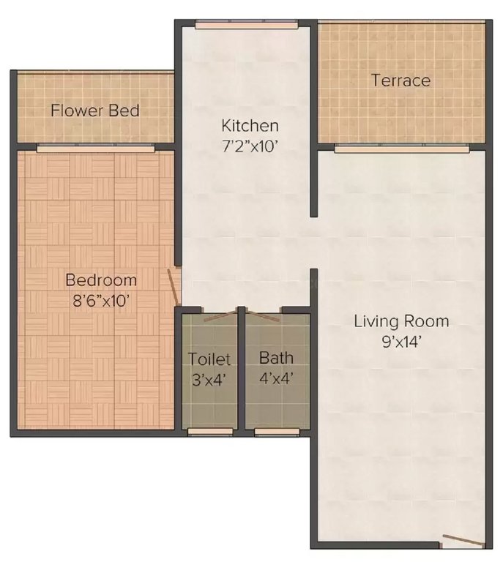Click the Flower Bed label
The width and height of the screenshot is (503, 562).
point(94,111)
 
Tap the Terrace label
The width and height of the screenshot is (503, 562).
point(400,80)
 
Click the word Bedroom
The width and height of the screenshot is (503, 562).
point(101,280)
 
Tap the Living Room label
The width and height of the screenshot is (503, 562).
point(401,321)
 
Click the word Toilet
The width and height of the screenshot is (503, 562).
point(209,359)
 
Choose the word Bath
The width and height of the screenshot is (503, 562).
point(276,359)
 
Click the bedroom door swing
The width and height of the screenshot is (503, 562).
point(174,286)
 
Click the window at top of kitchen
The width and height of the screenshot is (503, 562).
point(246,26)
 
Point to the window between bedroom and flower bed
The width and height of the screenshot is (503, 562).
point(95,149)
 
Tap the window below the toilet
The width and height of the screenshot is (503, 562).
point(209,432)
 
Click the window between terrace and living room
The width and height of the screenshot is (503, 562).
point(401,149)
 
